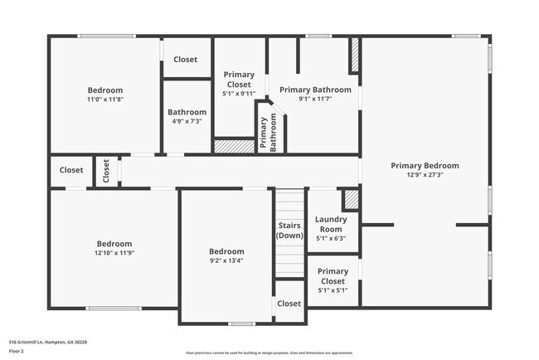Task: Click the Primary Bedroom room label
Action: pyautogui.click(x=425, y=165)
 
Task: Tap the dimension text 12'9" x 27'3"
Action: pyautogui.click(x=425, y=175)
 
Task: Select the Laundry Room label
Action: pyautogui.click(x=332, y=224)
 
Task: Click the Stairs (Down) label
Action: pyautogui.click(x=289, y=230)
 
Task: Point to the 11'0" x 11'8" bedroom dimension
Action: pyautogui.click(x=105, y=100)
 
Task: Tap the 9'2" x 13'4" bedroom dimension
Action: pyautogui.click(x=226, y=260)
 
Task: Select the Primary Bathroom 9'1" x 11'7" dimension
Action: pyautogui.click(x=315, y=99)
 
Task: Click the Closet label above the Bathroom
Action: pyautogui.click(x=185, y=60)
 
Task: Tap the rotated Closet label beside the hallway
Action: pyautogui.click(x=106, y=170)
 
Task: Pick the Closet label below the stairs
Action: pyautogui.click(x=289, y=304)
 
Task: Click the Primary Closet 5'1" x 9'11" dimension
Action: pyautogui.click(x=239, y=94)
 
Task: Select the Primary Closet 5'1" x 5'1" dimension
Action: pyautogui.click(x=333, y=290)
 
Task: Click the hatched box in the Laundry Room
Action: pyautogui.click(x=351, y=199)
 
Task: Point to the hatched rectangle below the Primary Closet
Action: pyautogui.click(x=234, y=146)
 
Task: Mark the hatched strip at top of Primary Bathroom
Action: pyautogui.click(x=354, y=55)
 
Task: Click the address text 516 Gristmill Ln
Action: pyautogui.click(x=47, y=342)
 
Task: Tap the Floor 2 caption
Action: pyautogui.click(x=17, y=351)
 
